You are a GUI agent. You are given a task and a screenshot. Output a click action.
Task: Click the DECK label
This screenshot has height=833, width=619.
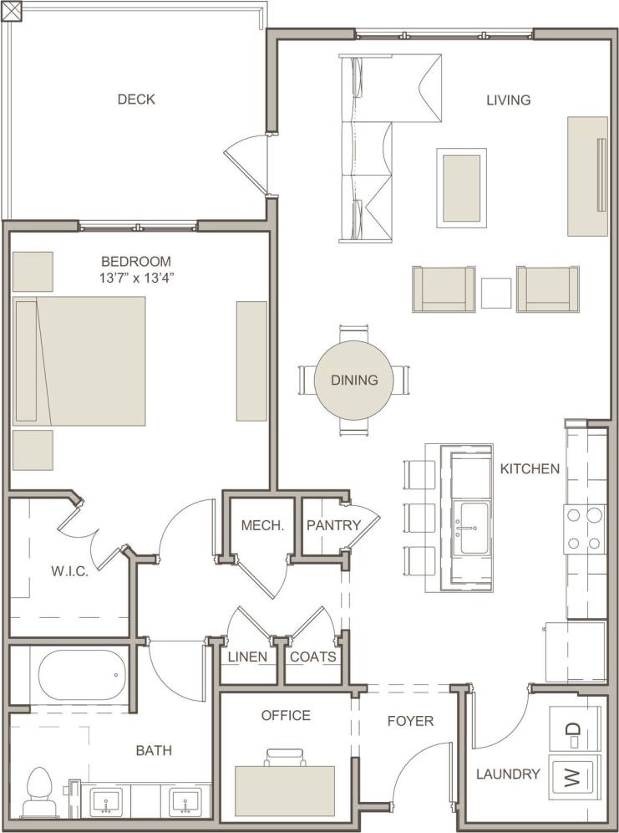pos(136,100)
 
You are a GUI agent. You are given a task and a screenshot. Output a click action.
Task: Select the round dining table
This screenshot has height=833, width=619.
pos(353,380)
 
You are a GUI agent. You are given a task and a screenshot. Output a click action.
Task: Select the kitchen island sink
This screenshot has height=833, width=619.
pos(471,529)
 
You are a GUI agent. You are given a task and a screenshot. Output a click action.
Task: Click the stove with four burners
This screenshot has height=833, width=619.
pos(585,529)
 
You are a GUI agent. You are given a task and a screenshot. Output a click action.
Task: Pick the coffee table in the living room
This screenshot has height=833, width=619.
pos(461,187)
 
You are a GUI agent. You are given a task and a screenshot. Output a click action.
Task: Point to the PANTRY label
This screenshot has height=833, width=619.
pos(332,526)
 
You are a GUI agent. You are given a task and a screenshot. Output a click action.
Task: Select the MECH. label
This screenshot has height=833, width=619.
pos(262,526)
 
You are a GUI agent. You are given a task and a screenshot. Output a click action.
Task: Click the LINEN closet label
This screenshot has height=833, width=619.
pos(247,657)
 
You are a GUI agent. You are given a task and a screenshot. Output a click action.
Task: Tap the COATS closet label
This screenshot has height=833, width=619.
pos(312,657)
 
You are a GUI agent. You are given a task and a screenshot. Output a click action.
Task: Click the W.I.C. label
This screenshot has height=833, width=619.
pos(69,571)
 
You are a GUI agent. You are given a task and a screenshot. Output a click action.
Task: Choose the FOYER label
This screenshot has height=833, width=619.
pos(410,720)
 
